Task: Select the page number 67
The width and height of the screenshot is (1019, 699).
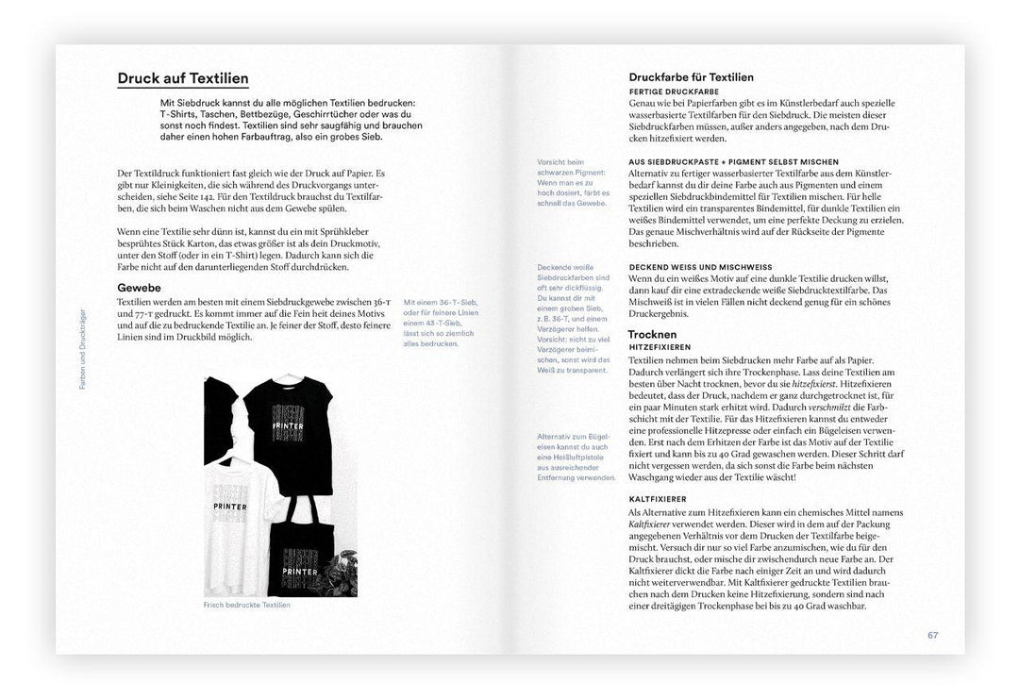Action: click(x=932, y=635)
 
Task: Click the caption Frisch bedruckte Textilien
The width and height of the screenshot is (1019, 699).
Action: click(x=247, y=605)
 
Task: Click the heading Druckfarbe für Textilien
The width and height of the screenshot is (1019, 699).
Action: click(x=691, y=77)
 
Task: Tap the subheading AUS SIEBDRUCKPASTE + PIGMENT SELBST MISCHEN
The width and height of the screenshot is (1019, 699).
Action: click(x=733, y=161)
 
